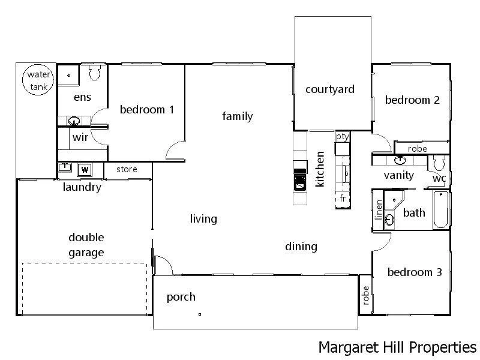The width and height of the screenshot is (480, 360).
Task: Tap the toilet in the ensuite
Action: [x=94, y=73]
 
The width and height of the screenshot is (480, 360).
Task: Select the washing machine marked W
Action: [x=85, y=169]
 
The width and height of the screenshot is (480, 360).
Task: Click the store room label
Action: [x=126, y=169]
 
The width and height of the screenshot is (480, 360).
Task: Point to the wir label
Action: [x=80, y=137]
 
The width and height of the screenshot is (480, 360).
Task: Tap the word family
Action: [x=238, y=116]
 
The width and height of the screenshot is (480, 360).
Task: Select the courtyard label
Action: [x=330, y=89]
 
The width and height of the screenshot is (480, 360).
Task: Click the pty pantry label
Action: [x=342, y=137]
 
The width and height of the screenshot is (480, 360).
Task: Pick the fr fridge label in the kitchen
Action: [x=342, y=198]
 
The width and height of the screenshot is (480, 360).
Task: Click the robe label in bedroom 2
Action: [x=417, y=149]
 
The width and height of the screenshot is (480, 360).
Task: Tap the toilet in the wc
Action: [x=439, y=163]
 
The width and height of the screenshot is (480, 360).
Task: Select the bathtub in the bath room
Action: [x=440, y=210]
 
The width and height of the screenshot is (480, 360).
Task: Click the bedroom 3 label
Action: [x=415, y=272]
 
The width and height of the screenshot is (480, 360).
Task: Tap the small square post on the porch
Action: [x=200, y=314]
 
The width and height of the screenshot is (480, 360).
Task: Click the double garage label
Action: [x=86, y=245]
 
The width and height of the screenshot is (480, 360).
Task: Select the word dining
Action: [x=301, y=246]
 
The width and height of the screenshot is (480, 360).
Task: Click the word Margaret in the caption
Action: [x=344, y=347]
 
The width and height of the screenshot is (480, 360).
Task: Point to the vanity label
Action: [x=399, y=175]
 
